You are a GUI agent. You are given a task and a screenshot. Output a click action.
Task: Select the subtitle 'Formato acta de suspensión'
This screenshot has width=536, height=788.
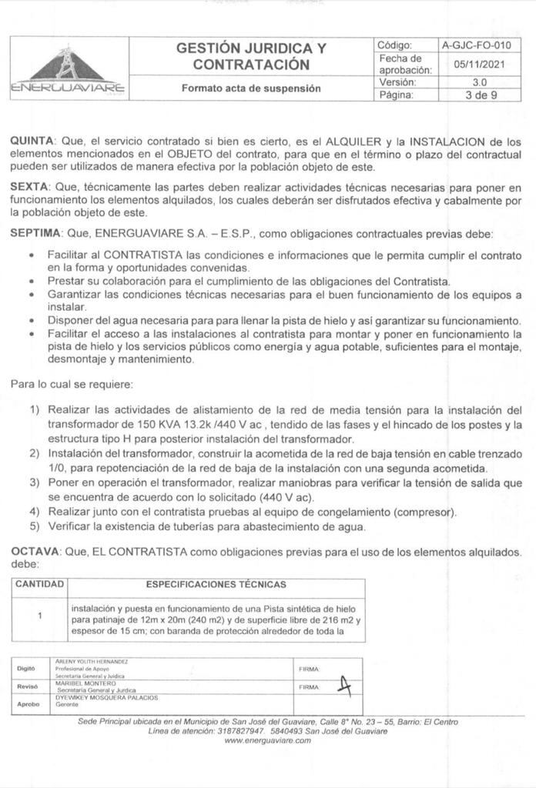pyautogui.click(x=250, y=88)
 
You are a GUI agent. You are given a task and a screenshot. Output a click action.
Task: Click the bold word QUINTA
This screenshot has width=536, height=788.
pyautogui.click(x=32, y=142)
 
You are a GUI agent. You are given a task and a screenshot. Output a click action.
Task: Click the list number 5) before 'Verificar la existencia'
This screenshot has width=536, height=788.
pyautogui.click(x=35, y=527)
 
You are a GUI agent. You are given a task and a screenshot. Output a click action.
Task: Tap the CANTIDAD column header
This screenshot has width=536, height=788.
pyautogui.click(x=39, y=585)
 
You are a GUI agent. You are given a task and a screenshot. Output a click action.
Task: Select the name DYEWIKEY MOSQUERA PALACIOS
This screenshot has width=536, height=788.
pyautogui.click(x=107, y=698)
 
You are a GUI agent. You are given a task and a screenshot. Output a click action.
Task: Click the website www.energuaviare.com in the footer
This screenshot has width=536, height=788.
pyautogui.click(x=267, y=740)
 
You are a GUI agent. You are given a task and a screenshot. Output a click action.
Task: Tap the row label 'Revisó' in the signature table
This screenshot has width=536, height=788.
pyautogui.click(x=28, y=686)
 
